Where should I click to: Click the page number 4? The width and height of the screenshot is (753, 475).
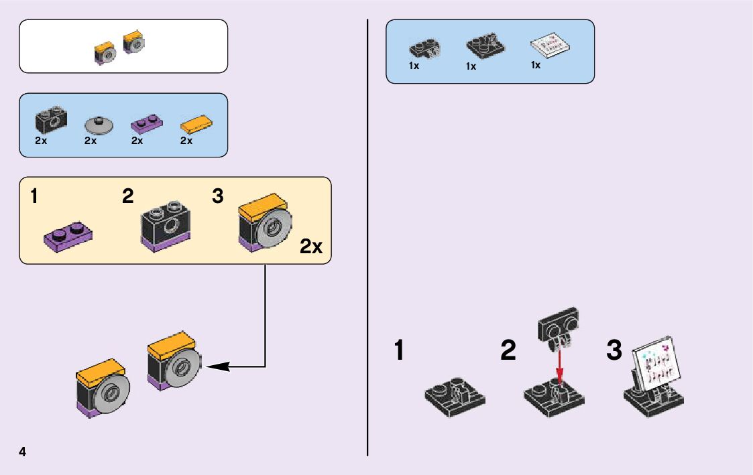click(23, 452)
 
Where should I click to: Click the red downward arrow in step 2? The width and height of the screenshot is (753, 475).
click(558, 365)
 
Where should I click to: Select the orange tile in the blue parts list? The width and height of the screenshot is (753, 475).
click(196, 124)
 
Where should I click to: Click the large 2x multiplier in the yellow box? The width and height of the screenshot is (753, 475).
click(311, 247)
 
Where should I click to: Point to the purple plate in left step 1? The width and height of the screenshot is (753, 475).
click(68, 236)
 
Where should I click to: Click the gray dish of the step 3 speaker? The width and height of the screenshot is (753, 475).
click(276, 228)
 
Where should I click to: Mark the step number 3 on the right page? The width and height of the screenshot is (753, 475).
click(614, 350)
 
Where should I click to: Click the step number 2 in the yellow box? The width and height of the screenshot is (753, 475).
click(127, 196)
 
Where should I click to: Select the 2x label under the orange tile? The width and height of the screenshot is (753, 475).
click(186, 141)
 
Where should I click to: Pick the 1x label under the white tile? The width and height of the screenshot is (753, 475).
click(535, 66)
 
